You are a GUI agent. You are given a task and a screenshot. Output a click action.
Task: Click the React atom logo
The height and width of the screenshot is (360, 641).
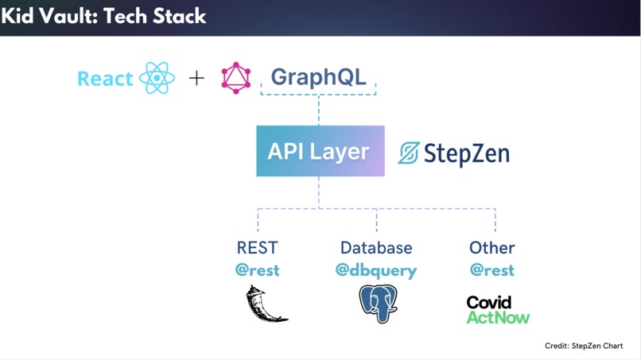tap(157, 78)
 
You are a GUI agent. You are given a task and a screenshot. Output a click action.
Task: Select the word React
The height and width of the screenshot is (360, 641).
tap(105, 79)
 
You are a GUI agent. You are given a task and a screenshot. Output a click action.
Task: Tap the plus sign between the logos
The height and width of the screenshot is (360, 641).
tap(196, 78)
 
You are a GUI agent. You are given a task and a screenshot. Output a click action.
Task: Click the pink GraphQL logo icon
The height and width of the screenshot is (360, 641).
tap(236, 78)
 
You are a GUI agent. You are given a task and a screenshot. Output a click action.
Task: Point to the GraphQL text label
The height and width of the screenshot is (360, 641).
tap(318, 77)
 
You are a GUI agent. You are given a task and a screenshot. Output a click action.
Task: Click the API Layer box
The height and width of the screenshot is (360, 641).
tap(320, 151)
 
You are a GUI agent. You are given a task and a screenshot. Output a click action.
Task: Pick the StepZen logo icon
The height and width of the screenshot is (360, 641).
tap(409, 153)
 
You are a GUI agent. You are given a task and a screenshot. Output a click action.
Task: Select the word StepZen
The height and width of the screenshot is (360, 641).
tap(467, 153)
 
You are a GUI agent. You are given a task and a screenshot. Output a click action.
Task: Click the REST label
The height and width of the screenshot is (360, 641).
tap(258, 248)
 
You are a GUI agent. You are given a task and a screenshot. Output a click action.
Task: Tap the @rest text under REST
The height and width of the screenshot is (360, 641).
tap(258, 270)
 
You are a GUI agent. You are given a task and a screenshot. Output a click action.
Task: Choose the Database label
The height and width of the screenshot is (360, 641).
tap(376, 248)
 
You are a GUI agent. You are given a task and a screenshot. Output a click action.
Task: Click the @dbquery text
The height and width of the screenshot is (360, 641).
tap(376, 270)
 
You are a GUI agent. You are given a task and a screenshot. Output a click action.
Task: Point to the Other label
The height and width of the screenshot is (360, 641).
tap(491, 248)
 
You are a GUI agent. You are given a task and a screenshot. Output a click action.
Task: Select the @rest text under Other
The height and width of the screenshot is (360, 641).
tap(491, 270)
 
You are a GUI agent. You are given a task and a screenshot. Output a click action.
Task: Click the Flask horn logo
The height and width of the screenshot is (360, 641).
tap(266, 304)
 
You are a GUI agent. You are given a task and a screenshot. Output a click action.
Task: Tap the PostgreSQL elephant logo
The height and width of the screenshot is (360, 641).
tap(378, 304)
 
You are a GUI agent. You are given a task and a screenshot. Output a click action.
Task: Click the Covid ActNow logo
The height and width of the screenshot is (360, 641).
tap(498, 310)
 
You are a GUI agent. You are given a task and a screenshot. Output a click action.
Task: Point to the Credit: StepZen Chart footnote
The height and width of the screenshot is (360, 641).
tap(584, 346)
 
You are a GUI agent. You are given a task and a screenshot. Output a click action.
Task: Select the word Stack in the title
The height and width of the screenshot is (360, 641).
tap(180, 17)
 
